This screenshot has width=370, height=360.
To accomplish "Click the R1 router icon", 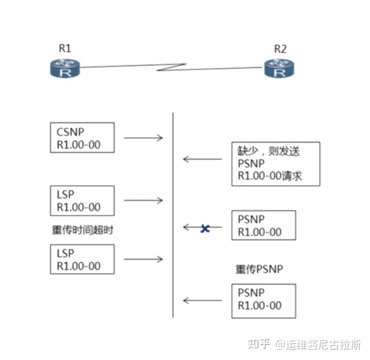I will (x=65, y=68).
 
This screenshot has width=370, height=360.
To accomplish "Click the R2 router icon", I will (x=280, y=68).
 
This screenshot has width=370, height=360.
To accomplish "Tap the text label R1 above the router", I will (x=65, y=49).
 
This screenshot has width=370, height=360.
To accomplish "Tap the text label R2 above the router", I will (x=280, y=49).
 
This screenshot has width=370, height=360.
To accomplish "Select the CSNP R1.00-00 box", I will (x=82, y=138).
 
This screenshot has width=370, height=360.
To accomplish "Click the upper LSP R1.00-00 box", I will (x=82, y=201).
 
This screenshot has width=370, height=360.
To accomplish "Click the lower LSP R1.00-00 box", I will (x=82, y=259).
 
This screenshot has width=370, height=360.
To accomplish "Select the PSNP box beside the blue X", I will (x=264, y=225).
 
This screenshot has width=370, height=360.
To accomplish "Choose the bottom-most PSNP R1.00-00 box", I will (x=264, y=299).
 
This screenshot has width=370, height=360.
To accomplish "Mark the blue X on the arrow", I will (x=205, y=228).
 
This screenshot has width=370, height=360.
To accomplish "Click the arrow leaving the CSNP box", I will (x=143, y=138).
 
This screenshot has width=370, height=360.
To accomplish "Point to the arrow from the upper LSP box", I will (x=143, y=201).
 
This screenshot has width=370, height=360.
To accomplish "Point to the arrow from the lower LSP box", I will (x=143, y=260).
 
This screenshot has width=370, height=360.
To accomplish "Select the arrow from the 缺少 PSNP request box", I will (x=202, y=159).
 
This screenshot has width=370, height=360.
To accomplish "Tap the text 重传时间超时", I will (x=82, y=230).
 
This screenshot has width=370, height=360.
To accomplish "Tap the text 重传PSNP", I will (x=260, y=269).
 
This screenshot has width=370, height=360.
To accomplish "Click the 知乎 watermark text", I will (x=258, y=344).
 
